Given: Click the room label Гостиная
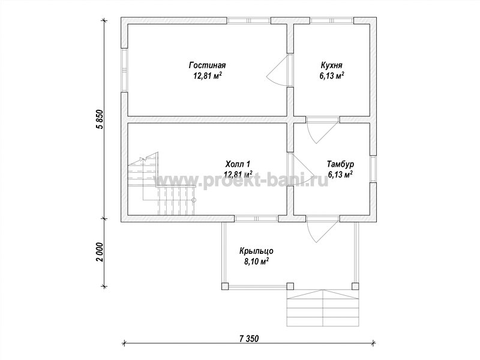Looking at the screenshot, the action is [207, 65].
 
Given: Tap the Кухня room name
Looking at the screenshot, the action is [332, 65].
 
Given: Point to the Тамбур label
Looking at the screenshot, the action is [340, 164].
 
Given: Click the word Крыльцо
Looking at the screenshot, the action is [256, 251].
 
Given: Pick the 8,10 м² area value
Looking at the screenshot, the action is [256, 262].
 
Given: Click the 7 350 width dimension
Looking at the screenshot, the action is [249, 339].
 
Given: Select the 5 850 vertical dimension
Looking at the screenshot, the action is [100, 120].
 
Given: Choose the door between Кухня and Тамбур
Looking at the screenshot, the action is [323, 130].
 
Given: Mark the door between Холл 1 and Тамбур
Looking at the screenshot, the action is [301, 169].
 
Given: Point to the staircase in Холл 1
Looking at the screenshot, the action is [161, 184].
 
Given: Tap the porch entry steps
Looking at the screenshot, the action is [323, 308].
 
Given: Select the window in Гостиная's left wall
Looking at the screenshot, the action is [124, 70].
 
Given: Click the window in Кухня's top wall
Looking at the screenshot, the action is [332, 20].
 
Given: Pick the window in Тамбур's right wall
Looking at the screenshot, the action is [373, 169].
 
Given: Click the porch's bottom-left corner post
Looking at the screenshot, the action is [225, 286].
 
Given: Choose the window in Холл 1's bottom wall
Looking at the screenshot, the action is [256, 218].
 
